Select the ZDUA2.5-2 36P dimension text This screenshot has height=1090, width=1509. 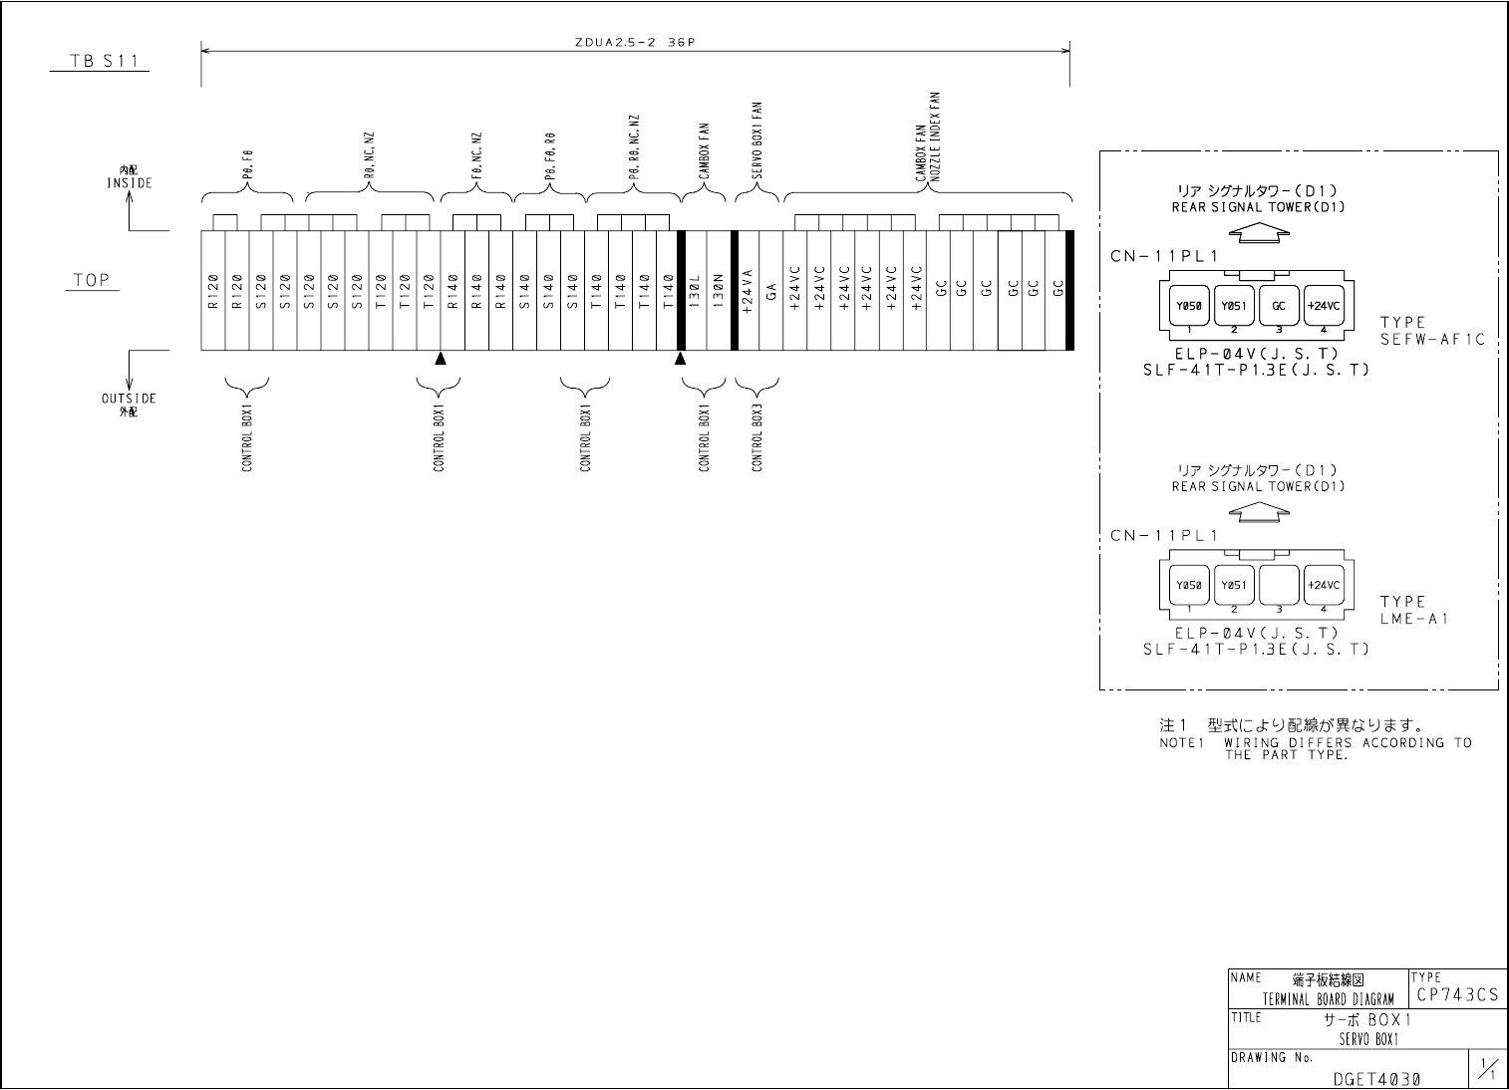point(635,42)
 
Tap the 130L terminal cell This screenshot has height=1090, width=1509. point(694,290)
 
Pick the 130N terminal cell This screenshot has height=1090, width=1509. point(718,290)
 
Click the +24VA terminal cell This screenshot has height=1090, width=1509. point(747,290)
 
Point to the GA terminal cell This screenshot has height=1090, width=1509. point(770,290)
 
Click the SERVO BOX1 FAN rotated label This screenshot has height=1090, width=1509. point(756,142)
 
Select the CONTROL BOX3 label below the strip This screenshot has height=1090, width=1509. point(757,438)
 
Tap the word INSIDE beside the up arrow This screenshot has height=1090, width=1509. point(130,183)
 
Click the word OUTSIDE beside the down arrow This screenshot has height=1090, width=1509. point(129,399)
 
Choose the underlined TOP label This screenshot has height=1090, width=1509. point(93,280)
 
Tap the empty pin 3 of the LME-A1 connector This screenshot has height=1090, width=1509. point(1279,586)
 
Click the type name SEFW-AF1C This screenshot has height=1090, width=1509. point(1432,340)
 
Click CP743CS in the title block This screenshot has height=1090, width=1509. point(1456,994)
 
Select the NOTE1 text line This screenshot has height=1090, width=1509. point(1315,742)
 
